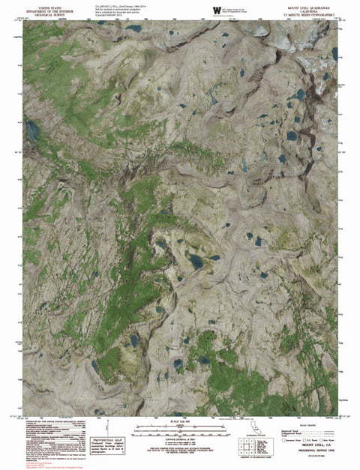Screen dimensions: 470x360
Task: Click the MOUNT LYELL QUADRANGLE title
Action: [x=314, y=6]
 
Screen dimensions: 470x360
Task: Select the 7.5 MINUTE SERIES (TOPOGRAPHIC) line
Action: [x=314, y=15]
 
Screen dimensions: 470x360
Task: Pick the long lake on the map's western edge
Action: [x=33, y=131]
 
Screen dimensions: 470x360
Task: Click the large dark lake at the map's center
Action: [x=196, y=261]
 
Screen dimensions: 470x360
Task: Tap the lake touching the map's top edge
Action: [x=133, y=28]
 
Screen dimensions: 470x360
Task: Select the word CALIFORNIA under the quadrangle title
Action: [x=314, y=10]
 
